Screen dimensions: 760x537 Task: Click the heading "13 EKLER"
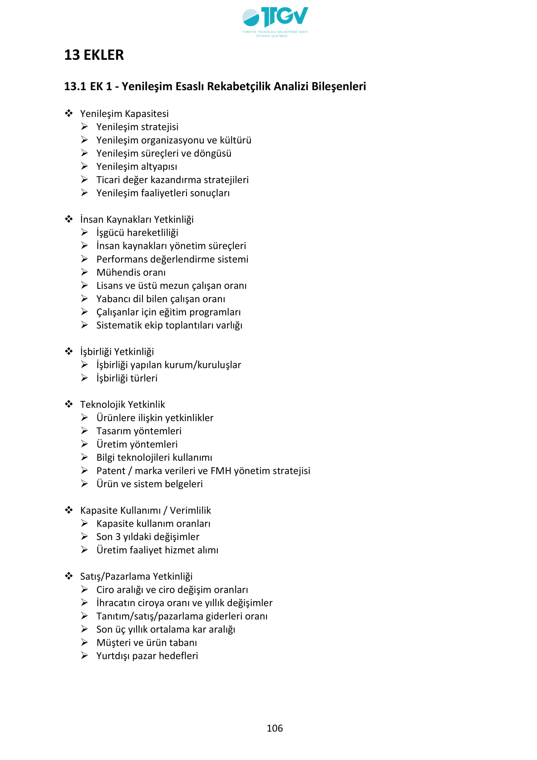coord(94,55)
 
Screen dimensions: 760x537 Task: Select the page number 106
coord(275,728)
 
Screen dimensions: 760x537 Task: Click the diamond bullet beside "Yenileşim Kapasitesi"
coord(69,113)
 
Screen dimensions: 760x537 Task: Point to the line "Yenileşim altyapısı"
coord(137,166)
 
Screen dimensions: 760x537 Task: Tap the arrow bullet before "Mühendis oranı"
coord(85,272)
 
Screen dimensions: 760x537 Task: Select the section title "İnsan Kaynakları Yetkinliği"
coord(137,219)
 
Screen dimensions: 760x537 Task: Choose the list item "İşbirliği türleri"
coord(127,378)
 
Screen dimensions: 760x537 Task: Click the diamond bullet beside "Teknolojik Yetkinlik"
coord(69,404)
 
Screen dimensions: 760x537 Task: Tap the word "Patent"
coord(111,471)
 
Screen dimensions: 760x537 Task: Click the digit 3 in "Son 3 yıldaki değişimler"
coord(118,536)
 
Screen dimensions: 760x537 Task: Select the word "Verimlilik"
coord(191,510)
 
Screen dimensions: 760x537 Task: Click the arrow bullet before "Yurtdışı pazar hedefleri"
coord(85,655)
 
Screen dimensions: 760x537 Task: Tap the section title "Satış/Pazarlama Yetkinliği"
coord(136,576)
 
